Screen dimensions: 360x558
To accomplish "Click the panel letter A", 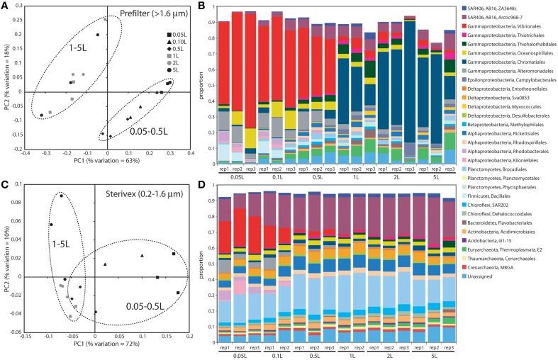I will pos(6,6).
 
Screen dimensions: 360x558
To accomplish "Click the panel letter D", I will pos(206,186).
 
